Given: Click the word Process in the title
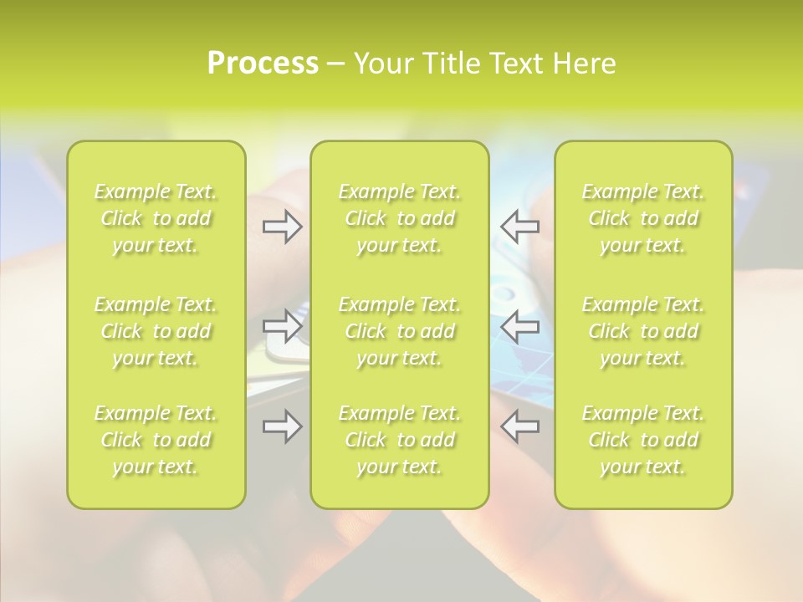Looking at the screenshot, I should [x=263, y=64].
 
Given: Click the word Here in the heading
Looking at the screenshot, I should [x=584, y=64].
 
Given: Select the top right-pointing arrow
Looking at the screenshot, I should [x=282, y=227].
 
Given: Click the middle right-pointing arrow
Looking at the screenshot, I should [x=282, y=325].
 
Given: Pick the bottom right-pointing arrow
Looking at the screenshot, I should [x=282, y=426].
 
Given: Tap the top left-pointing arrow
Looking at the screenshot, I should [x=519, y=227].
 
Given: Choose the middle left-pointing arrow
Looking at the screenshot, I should [x=519, y=325].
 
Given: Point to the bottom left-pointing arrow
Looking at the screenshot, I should [x=519, y=426].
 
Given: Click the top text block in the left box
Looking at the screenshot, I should [x=156, y=218].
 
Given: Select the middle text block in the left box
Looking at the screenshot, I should [x=156, y=331].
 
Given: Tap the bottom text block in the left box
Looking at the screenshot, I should [x=156, y=440].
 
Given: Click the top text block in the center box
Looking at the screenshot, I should [x=399, y=218].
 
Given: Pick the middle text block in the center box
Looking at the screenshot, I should [x=399, y=331].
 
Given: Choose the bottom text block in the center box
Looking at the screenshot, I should [x=399, y=440].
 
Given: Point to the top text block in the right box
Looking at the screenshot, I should [x=643, y=218].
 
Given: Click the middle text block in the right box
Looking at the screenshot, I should [x=643, y=331].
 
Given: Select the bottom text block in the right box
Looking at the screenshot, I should [x=643, y=440].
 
